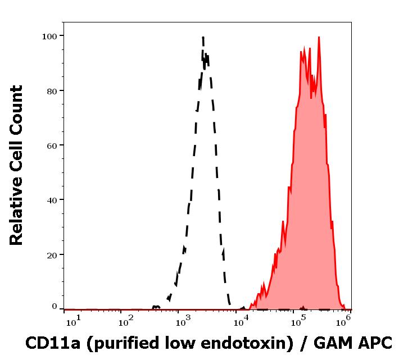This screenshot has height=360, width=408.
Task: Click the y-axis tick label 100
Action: tap(50, 36)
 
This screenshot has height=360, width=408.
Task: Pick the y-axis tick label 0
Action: tap(55, 307)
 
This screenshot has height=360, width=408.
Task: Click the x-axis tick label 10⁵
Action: tap(298, 320)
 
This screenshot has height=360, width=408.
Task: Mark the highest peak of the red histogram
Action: tap(319, 38)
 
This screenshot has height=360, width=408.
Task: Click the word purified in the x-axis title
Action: tap(124, 343)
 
